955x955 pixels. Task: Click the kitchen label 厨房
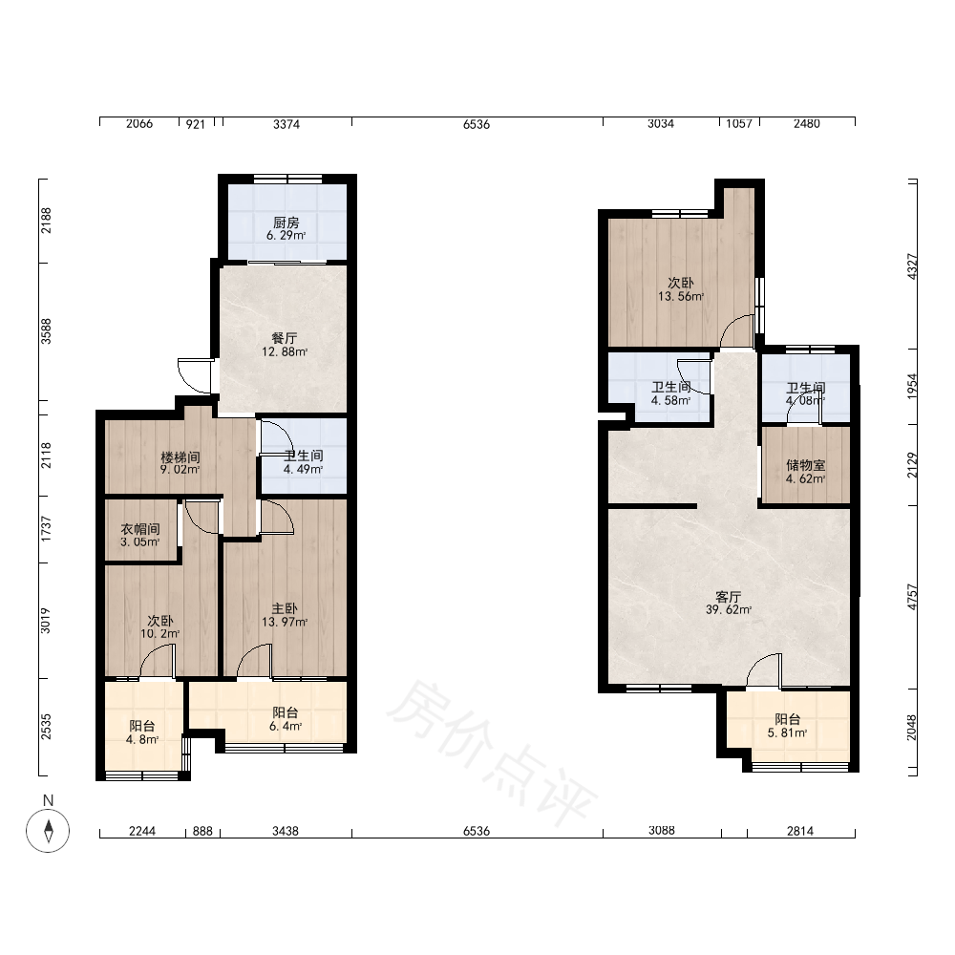[x=286, y=223]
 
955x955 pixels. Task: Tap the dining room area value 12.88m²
[x=285, y=352]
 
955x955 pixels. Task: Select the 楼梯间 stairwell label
[x=180, y=456]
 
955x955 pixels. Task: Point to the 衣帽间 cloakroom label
[x=140, y=529]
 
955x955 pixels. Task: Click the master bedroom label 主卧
[x=285, y=608]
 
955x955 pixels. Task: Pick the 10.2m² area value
[x=160, y=634]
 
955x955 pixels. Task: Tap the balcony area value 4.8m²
[x=142, y=740]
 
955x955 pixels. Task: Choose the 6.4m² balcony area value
[x=286, y=726]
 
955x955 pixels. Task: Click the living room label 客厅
[x=729, y=596]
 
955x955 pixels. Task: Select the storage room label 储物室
[x=806, y=465]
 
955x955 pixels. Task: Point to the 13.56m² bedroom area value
[x=681, y=297]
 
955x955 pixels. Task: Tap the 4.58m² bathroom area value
[x=670, y=401]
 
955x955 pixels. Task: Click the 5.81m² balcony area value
[x=788, y=732]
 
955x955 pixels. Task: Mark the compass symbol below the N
[x=48, y=831]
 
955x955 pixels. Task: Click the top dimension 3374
[x=286, y=124]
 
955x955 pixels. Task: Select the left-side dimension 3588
[x=46, y=331]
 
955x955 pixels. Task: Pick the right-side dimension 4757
[x=912, y=597]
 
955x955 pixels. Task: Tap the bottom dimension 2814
[x=799, y=831]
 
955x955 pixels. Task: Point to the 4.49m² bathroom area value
[x=303, y=469]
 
